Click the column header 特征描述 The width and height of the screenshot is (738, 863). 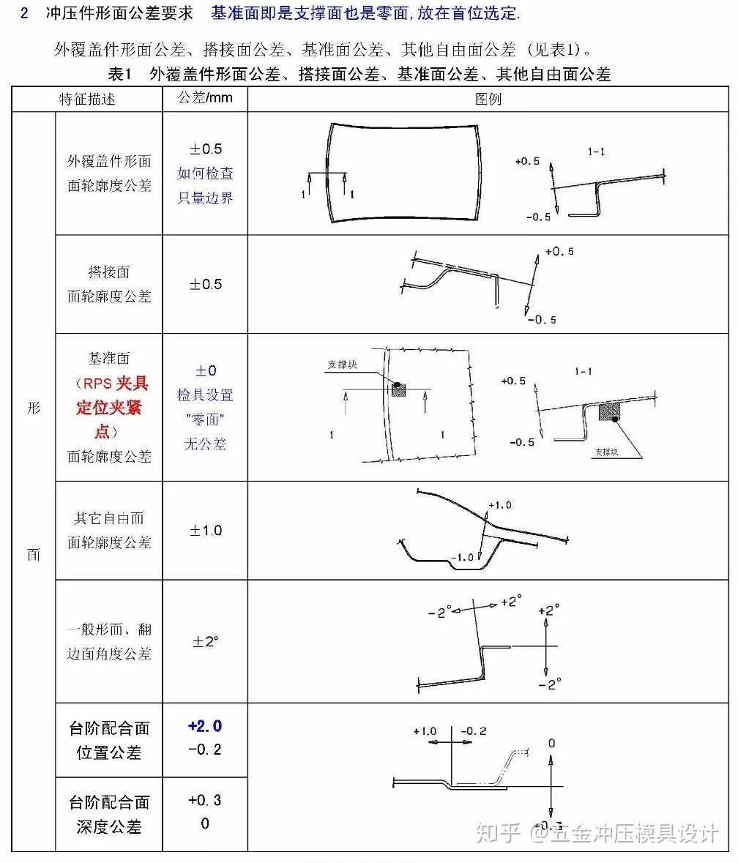(x=87, y=99)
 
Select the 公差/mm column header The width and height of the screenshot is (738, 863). (x=205, y=98)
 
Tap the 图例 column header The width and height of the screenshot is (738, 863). (x=488, y=99)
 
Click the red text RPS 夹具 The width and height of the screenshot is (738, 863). (x=112, y=383)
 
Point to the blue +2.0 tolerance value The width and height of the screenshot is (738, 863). (x=205, y=726)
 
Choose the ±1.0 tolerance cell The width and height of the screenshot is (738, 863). (x=206, y=530)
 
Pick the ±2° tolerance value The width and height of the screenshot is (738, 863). (x=206, y=641)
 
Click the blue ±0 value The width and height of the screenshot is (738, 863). (x=205, y=370)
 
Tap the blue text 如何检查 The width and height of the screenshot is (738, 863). (x=206, y=173)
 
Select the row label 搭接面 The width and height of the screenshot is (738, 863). (x=109, y=272)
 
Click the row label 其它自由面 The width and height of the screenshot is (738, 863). (x=109, y=518)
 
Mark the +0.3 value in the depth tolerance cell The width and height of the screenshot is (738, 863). (x=205, y=800)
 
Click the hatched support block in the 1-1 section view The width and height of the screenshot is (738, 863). (x=609, y=411)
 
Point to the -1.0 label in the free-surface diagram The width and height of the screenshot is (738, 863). (x=461, y=557)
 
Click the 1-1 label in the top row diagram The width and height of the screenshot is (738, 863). (x=597, y=152)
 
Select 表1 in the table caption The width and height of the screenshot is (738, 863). (x=119, y=74)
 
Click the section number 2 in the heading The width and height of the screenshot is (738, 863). (x=24, y=13)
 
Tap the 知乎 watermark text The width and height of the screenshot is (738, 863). (x=498, y=832)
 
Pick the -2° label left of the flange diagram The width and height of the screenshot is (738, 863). (x=439, y=612)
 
